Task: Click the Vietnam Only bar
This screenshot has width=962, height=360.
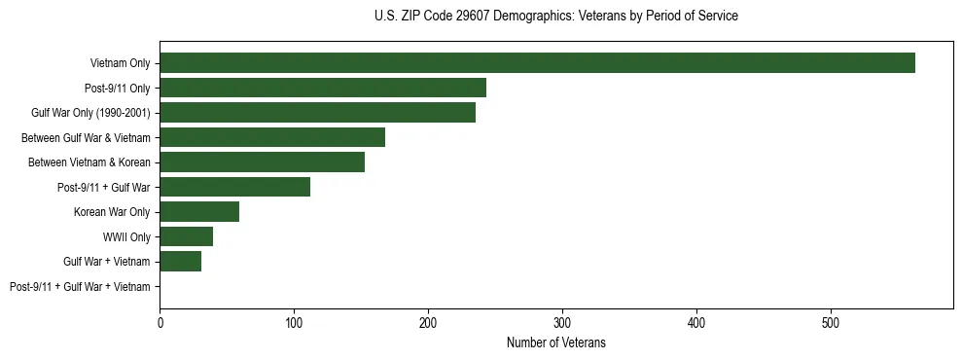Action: tap(537, 63)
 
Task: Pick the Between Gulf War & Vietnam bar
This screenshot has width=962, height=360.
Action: tap(272, 137)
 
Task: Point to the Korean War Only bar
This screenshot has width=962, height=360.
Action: tap(199, 212)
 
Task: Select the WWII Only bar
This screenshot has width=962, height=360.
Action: tap(186, 236)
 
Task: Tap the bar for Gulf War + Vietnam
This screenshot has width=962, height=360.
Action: tap(180, 262)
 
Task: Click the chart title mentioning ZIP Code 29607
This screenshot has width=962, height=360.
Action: tap(555, 17)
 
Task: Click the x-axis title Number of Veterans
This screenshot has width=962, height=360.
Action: tap(555, 342)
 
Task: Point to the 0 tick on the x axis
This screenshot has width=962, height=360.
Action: tap(160, 322)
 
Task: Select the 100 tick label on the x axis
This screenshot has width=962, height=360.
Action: tap(294, 322)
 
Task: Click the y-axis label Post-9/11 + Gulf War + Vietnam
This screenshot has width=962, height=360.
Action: tap(80, 287)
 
